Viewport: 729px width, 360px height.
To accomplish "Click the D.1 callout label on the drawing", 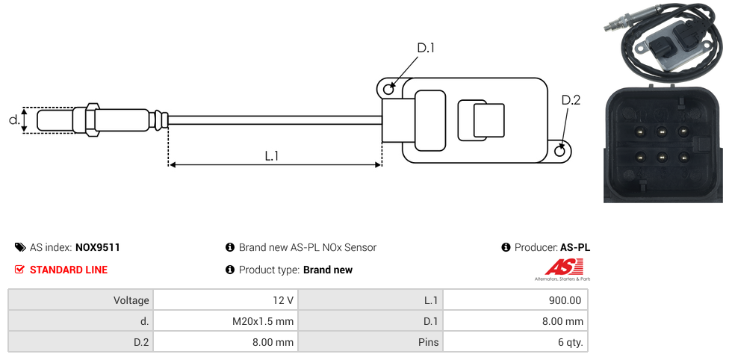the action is (x=426, y=48).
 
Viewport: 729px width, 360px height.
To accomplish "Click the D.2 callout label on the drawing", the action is (x=571, y=100).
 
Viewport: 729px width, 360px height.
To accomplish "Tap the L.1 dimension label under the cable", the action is (x=272, y=156).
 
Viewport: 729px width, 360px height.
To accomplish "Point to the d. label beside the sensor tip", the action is (x=14, y=120).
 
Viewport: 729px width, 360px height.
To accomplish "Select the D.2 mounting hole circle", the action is (x=560, y=151).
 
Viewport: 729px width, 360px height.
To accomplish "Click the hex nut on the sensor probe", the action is (x=92, y=120).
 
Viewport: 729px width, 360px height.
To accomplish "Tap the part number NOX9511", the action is (x=98, y=247).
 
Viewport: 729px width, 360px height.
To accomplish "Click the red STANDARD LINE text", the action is (x=69, y=270).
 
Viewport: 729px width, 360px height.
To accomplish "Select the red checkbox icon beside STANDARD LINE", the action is (x=19, y=270).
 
